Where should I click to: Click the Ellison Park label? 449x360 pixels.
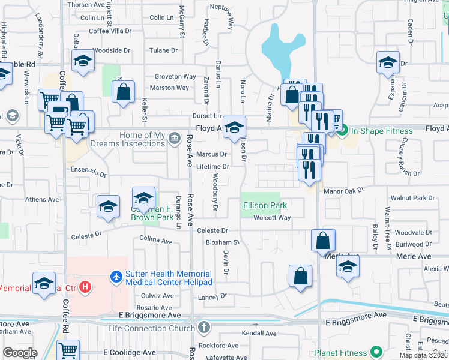tap(265, 205)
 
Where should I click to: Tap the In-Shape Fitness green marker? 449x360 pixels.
tap(343, 131)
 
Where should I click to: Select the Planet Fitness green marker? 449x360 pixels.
tap(376, 352)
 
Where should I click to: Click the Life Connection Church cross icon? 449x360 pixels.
tap(204, 328)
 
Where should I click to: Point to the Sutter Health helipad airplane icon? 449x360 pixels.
tap(116, 277)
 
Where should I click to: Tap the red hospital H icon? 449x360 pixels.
tap(86, 287)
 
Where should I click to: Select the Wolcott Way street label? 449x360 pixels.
tap(273, 218)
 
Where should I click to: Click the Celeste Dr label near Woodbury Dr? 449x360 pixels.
tap(212, 230)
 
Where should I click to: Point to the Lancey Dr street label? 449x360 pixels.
tap(212, 296)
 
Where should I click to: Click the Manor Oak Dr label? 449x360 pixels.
tap(344, 191)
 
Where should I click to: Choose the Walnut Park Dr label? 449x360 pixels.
tap(412, 198)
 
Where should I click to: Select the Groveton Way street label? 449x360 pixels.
tap(175, 77)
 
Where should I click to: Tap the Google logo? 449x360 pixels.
tap(20, 352)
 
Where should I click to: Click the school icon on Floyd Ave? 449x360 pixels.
tap(235, 127)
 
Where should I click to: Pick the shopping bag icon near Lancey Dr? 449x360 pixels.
tap(301, 277)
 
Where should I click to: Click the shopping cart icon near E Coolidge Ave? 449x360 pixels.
tap(68, 350)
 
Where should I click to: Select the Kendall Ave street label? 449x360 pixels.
tap(259, 333)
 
